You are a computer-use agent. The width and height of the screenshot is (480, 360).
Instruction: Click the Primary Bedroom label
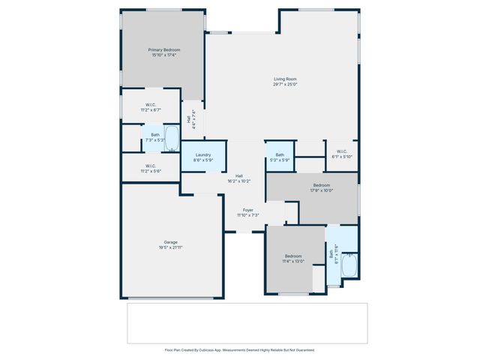(163, 49)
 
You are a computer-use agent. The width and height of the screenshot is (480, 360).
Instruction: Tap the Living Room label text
(285, 79)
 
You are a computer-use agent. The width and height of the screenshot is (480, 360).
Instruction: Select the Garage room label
(171, 241)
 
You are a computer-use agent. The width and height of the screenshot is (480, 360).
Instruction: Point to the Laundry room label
(203, 154)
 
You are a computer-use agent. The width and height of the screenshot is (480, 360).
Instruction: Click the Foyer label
(247, 210)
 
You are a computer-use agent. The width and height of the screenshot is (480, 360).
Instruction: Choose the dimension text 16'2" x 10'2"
(238, 181)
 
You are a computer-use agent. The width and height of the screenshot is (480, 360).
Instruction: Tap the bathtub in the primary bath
(172, 139)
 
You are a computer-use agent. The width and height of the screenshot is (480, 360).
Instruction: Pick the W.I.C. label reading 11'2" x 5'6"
(150, 169)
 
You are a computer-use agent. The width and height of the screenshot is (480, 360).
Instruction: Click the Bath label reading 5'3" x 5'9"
(279, 157)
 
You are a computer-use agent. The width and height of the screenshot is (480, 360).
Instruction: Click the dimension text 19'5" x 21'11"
(171, 247)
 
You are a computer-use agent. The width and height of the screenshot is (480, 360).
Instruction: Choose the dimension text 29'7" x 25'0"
(285, 84)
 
